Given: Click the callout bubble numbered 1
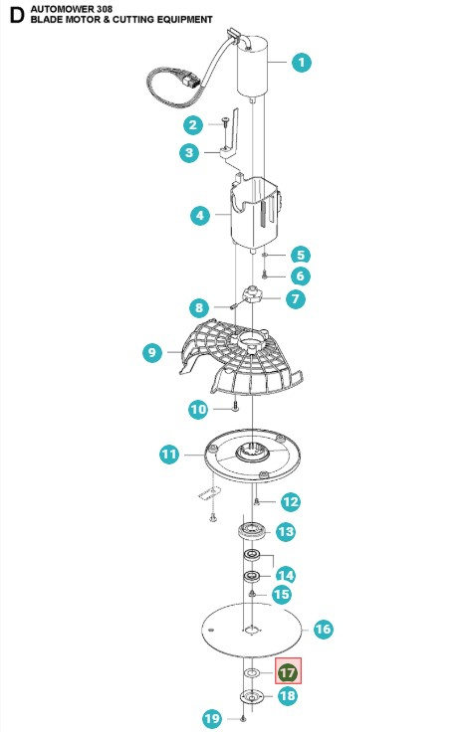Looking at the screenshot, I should (301, 63).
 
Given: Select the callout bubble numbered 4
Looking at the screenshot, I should (199, 214).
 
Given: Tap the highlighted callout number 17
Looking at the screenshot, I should (287, 672).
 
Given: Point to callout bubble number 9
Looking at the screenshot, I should (152, 351).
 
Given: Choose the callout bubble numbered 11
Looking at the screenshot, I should (170, 455).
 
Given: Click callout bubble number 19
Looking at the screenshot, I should (210, 718).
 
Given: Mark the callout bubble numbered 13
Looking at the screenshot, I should (285, 532).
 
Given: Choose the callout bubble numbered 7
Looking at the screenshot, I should (296, 297).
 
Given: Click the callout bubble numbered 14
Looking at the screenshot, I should (285, 574).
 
